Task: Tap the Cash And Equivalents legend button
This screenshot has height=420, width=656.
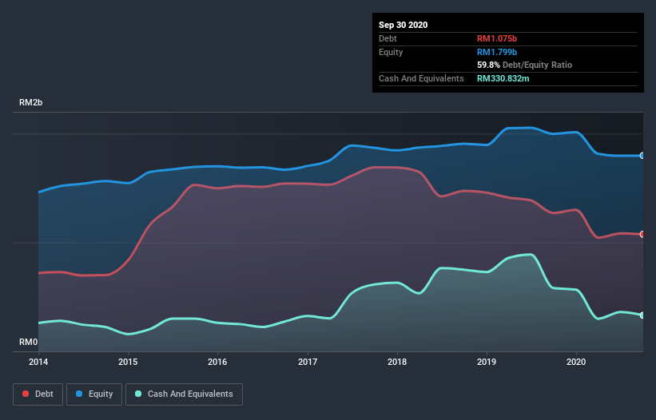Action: point(184,394)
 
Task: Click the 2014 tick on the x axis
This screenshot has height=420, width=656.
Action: point(38,362)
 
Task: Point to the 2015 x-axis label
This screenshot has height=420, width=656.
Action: point(128,362)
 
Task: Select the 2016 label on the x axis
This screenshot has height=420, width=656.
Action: point(217,362)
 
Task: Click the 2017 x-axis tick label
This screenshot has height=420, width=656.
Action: point(308,362)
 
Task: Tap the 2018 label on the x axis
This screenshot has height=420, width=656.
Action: point(397,362)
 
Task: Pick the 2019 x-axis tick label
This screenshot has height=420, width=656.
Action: point(487,362)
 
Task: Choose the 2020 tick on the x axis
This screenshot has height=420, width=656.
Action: point(576,362)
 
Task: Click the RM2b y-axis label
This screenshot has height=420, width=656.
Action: point(31,103)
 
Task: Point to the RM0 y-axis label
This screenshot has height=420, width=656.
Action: point(29,343)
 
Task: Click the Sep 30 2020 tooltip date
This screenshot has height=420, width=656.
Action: point(403,25)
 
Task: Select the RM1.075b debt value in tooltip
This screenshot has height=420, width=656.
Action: point(497,38)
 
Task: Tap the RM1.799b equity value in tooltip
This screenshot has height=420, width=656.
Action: point(497,52)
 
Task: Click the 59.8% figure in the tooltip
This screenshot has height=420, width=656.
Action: point(491,65)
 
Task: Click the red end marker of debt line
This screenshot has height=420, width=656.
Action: point(642,234)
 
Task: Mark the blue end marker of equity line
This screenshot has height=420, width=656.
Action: point(642,156)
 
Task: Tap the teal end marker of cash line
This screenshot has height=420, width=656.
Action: point(642,315)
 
